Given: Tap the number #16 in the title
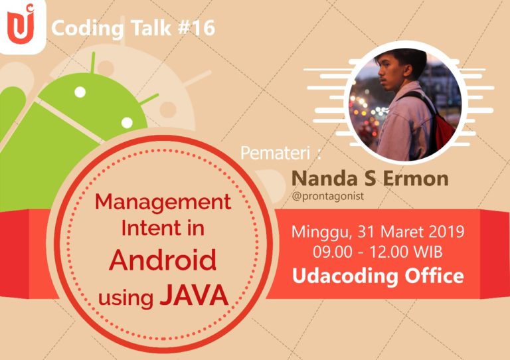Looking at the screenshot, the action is click(x=197, y=28).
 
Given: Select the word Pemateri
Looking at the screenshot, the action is click(x=275, y=153).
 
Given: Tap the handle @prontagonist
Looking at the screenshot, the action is click(x=328, y=197).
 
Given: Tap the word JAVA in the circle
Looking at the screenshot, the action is click(x=194, y=296).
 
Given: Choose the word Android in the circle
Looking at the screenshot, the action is click(x=163, y=260).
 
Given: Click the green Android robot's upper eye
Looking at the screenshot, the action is click(x=80, y=92).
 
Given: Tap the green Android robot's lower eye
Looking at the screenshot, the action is click(x=127, y=123).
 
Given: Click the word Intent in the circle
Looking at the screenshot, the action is click(x=145, y=228).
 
